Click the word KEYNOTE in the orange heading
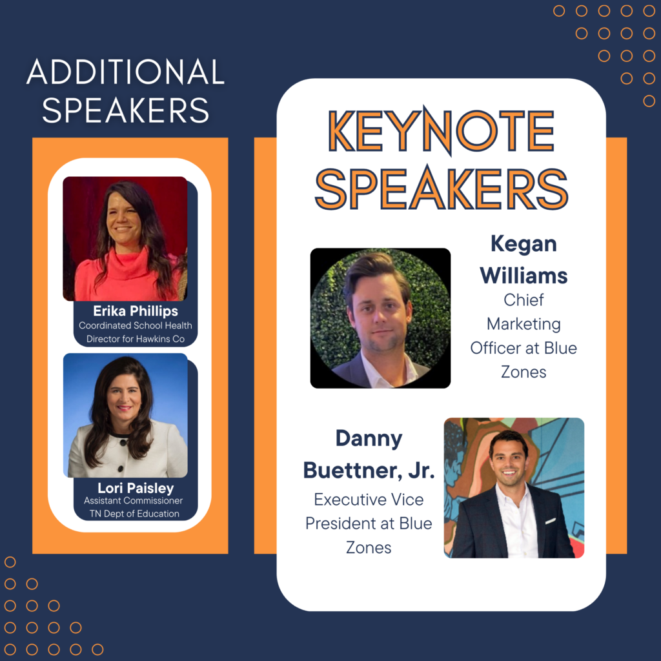pyautogui.click(x=441, y=130)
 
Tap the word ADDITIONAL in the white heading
pyautogui.click(x=126, y=72)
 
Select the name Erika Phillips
pyautogui.click(x=136, y=311)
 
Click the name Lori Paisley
pyautogui.click(x=136, y=488)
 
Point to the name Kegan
pyautogui.click(x=524, y=245)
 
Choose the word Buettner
pyautogui.click(x=352, y=470)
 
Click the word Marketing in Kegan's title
pyautogui.click(x=524, y=324)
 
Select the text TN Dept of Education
pyautogui.click(x=134, y=513)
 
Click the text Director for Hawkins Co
pyautogui.click(x=136, y=339)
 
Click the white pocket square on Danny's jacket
pyautogui.click(x=551, y=521)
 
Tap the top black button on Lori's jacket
pyautogui.click(x=123, y=443)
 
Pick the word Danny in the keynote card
pyautogui.click(x=369, y=439)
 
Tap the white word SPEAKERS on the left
pyautogui.click(x=126, y=110)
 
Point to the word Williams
pyautogui.click(x=524, y=276)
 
